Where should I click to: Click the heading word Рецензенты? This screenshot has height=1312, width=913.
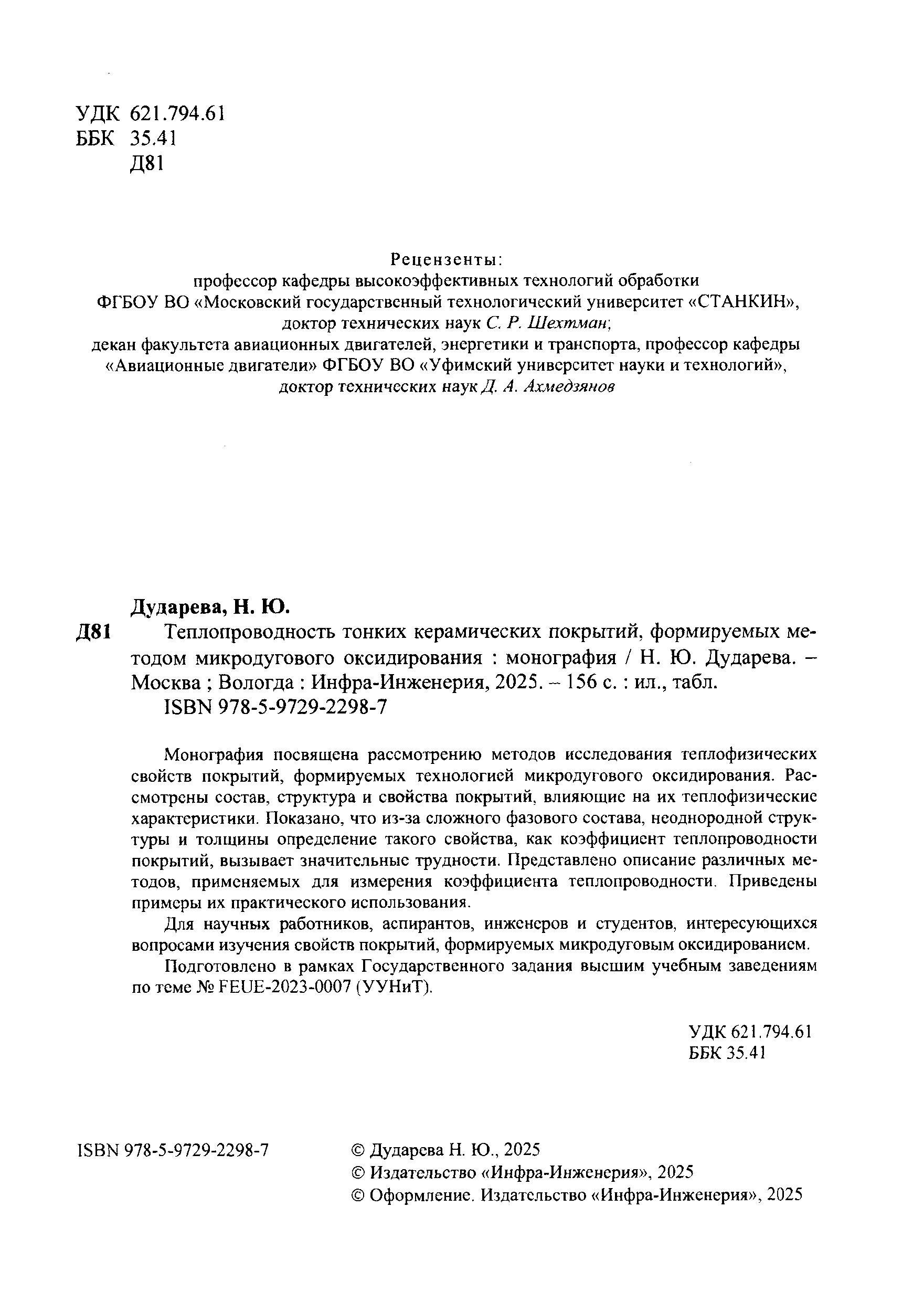click(x=446, y=260)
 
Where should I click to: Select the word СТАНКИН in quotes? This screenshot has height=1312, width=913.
click(x=742, y=302)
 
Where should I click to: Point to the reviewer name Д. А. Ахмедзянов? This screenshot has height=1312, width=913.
click(x=548, y=387)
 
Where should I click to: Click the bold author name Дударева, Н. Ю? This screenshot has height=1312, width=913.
click(x=211, y=606)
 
